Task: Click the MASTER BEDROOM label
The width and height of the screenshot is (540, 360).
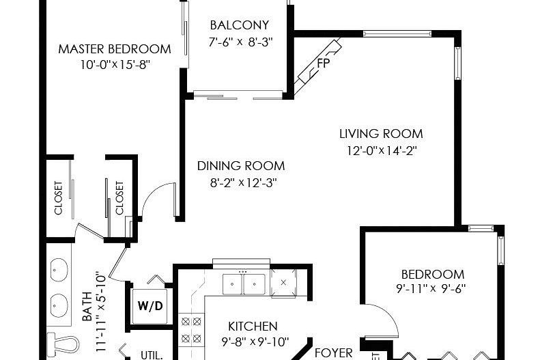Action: click(115, 49)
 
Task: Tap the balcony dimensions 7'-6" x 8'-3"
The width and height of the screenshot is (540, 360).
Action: click(240, 42)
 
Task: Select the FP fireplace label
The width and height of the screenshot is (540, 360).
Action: click(324, 64)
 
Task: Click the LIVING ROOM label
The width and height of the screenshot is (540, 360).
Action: click(381, 134)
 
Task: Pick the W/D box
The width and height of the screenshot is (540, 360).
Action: click(151, 305)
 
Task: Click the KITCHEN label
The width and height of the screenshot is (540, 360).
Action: click(253, 327)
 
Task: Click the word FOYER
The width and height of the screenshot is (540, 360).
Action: click(333, 353)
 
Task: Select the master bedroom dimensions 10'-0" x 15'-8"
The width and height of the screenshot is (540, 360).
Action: click(114, 65)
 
